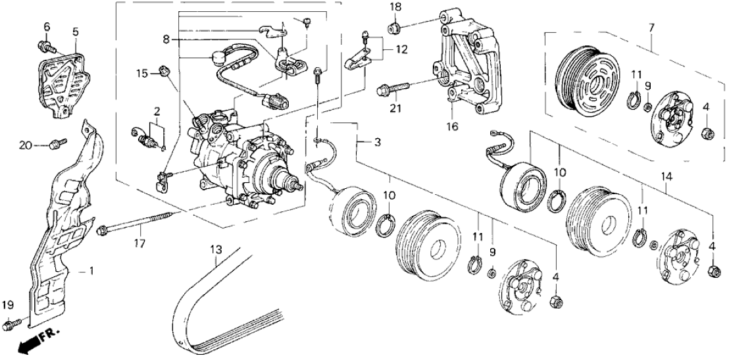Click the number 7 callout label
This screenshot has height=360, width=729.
pos(651,28)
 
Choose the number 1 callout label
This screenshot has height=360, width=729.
pos(92,270)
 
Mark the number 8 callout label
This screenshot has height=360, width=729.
pos(166,38)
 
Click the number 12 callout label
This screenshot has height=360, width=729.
pos(401,49)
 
